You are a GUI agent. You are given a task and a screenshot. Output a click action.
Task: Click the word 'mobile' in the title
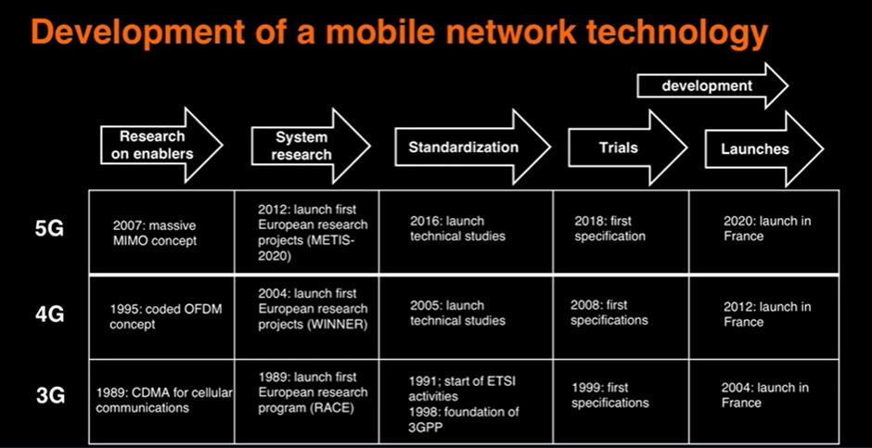coord(388,33)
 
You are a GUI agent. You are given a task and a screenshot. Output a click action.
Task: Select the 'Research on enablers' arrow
coord(161,145)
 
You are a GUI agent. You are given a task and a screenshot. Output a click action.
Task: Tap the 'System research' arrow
coord(311,146)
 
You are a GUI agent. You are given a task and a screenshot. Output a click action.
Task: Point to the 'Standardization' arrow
coord(473,147)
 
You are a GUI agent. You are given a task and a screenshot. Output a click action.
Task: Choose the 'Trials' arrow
coord(627,147)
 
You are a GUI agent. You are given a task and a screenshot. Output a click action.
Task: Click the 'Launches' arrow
coord(764,148)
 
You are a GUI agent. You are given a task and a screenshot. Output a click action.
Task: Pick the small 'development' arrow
coord(712,85)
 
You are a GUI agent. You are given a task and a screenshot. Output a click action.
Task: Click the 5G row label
coord(49,228)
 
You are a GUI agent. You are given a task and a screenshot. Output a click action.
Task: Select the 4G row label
coord(49,314)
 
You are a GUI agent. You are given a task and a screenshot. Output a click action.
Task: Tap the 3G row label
coord(49,395)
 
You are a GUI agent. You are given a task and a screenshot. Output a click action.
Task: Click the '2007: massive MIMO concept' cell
coord(161,232)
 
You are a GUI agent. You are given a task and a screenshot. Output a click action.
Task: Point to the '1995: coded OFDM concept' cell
coord(161,317)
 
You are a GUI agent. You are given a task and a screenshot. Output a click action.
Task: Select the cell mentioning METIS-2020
coord(306,232)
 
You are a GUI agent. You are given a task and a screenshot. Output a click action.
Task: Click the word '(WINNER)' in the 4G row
coord(337,325)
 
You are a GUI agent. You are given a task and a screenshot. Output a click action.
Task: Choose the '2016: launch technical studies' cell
coord(466,232)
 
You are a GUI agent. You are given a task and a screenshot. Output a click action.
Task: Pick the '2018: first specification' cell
coord(621,232)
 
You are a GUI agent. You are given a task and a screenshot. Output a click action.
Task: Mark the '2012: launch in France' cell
coord(764,317)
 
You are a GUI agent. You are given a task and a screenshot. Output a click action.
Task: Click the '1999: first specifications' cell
coord(621,402)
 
